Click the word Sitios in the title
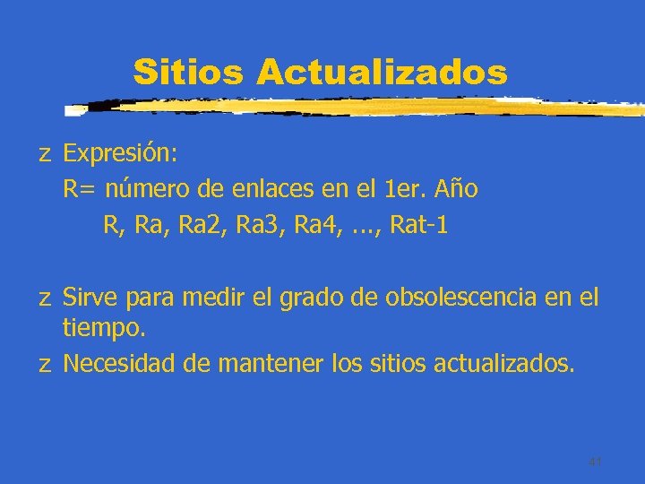[187, 71]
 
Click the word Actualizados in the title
[382, 71]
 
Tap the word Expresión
[120, 153]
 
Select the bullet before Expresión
[44, 155]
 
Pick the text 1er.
[401, 190]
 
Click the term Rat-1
[419, 226]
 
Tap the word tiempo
[103, 330]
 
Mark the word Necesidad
[119, 364]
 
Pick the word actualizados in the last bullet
[504, 364]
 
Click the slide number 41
[595, 462]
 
